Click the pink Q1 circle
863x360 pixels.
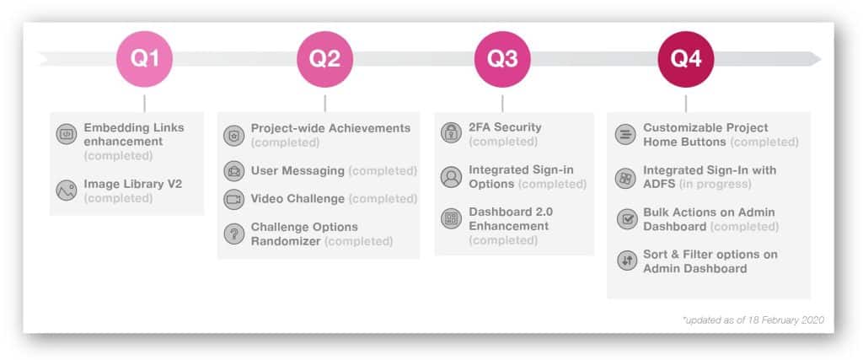click(x=144, y=59)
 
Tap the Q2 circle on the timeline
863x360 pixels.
click(x=324, y=59)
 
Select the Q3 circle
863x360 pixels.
click(x=502, y=59)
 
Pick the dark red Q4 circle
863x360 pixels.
click(x=684, y=59)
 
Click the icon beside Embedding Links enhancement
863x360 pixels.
click(x=67, y=133)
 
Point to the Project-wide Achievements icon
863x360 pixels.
click(x=233, y=135)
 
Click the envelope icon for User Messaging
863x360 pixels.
click(x=233, y=171)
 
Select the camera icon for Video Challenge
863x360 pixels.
click(x=233, y=199)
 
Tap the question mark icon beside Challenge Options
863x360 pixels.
click(x=233, y=234)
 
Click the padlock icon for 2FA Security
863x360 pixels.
click(x=451, y=133)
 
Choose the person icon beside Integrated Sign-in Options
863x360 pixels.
click(x=451, y=177)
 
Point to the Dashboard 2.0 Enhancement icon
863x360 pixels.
click(x=451, y=219)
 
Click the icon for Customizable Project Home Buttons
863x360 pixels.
click(x=625, y=134)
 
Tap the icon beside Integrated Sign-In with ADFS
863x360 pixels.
click(x=625, y=177)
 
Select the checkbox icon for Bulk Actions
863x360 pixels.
click(x=625, y=219)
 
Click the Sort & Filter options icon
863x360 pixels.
click(x=625, y=261)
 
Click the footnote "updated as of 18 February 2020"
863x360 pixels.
click(x=753, y=320)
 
